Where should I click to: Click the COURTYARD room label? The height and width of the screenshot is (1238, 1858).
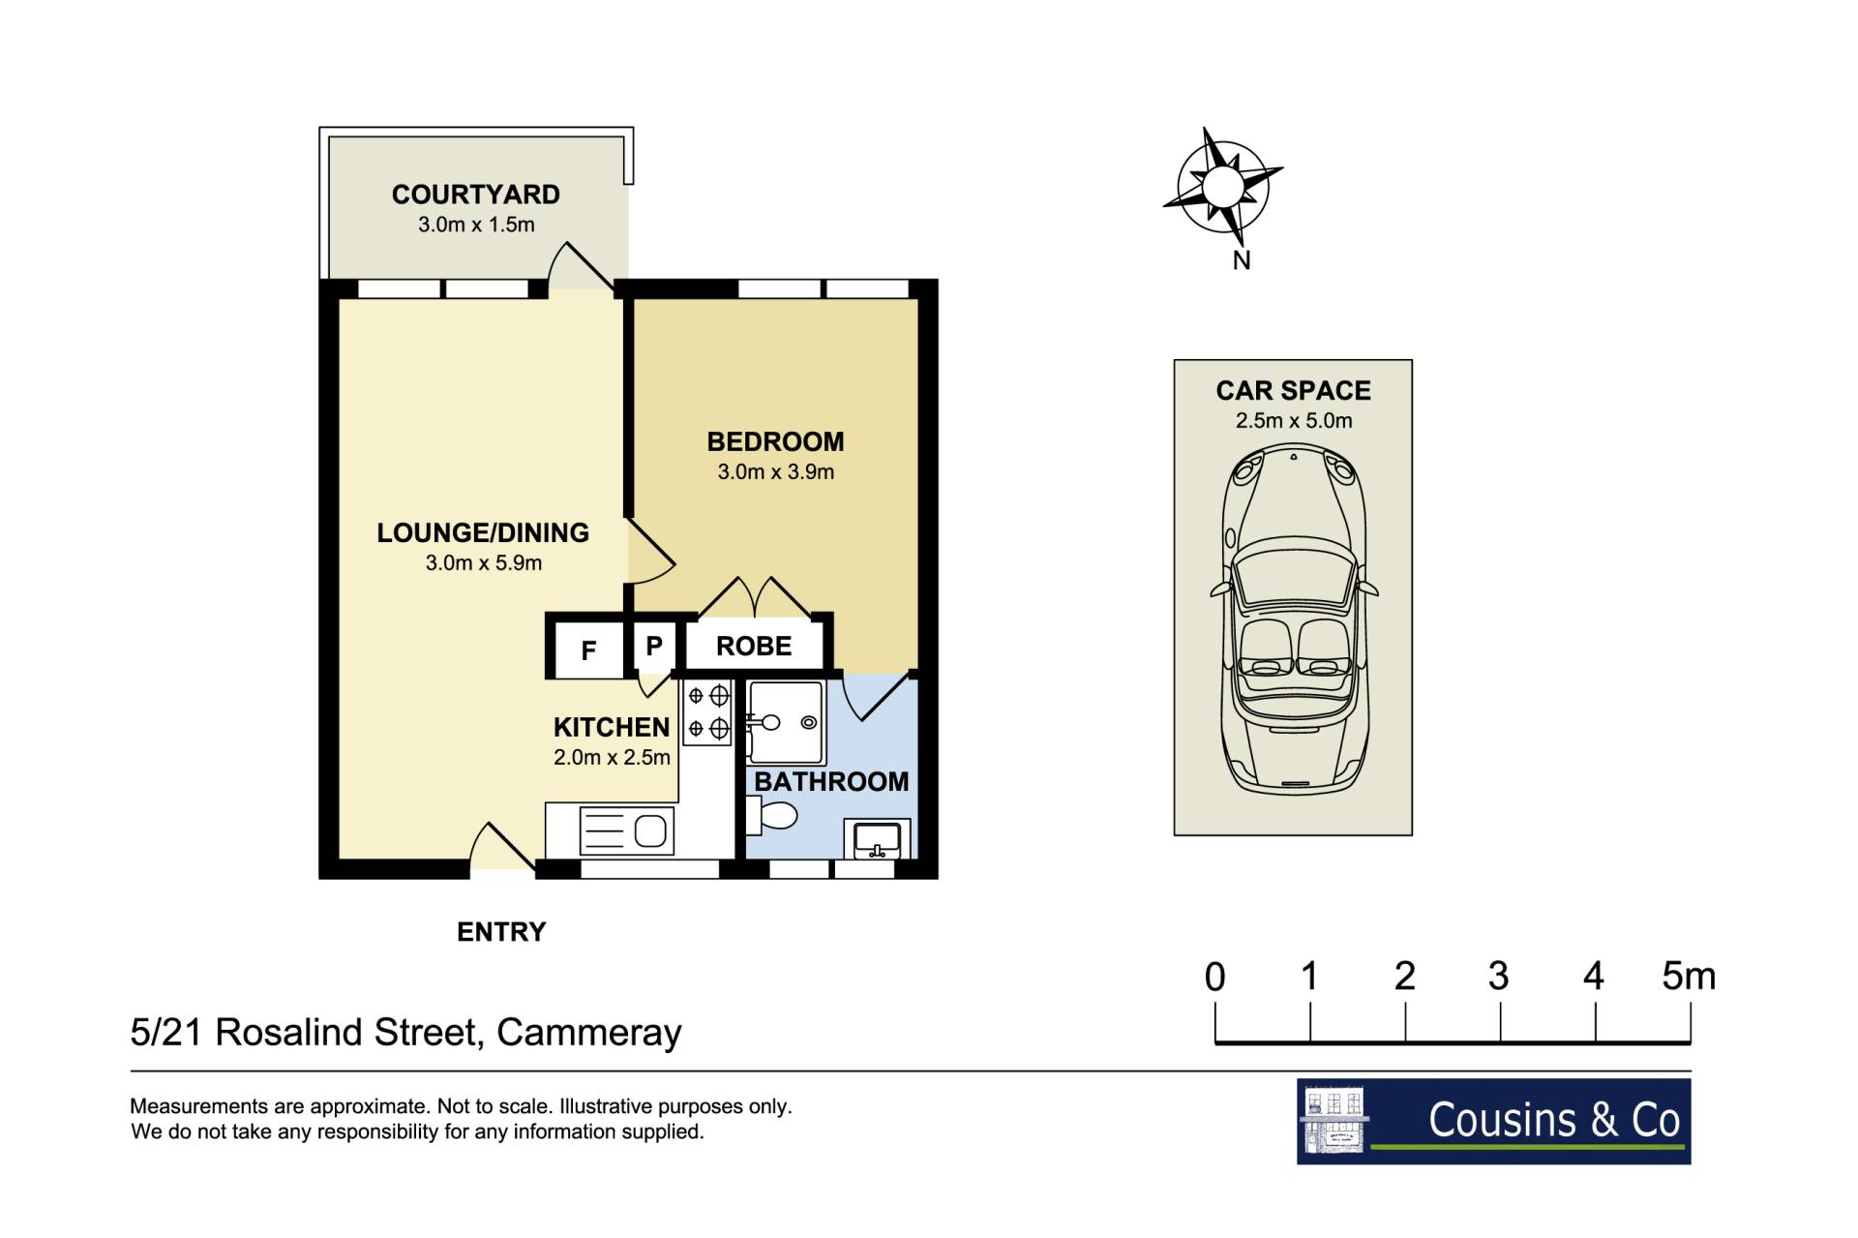pos(475,195)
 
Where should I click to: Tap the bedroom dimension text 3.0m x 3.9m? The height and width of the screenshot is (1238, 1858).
pos(775,472)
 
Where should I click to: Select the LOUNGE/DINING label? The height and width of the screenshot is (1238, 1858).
pos(483,532)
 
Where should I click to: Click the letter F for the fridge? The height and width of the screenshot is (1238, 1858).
pos(588,651)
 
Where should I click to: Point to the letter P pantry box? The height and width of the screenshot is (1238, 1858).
pos(654,646)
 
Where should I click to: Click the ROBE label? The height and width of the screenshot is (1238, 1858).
pos(754,647)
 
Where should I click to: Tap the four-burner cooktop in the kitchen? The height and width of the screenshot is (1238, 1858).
pos(707,711)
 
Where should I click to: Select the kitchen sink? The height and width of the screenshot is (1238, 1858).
pos(627,831)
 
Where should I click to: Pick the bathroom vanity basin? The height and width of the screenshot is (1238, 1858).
pos(878,838)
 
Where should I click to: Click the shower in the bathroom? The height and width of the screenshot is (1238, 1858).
pos(785,722)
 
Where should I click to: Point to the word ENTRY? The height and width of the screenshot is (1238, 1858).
pos(501,932)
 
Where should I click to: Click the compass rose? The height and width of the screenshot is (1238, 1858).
pos(1222,186)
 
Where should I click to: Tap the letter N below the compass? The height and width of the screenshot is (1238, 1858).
pos(1242,260)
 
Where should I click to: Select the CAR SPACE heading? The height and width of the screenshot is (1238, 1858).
pos(1293,391)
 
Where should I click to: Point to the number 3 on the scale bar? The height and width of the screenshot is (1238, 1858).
pos(1498,976)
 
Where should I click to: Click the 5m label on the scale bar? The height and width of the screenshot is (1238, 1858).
pos(1689,976)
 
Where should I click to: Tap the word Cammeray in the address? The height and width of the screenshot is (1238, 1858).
pos(588,1034)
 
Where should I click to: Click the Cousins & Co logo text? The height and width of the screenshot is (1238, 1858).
pos(1554,1120)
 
